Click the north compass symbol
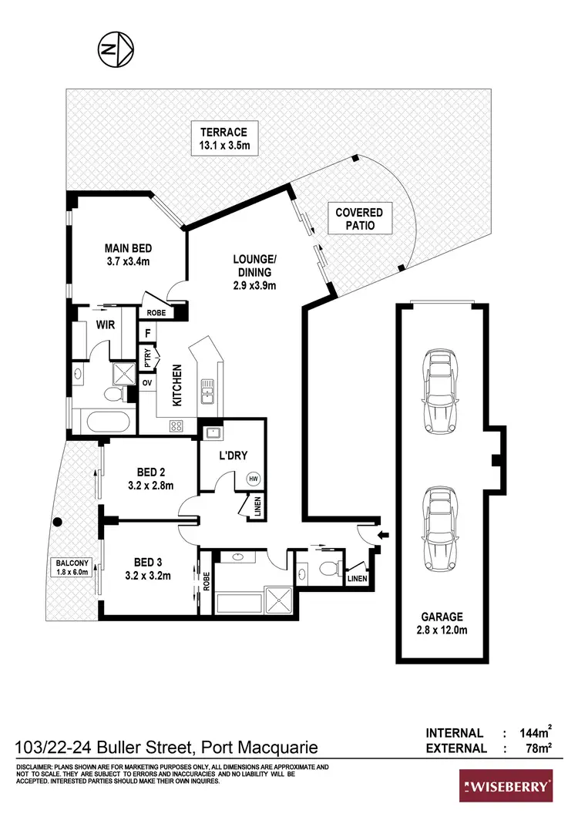click(x=116, y=50)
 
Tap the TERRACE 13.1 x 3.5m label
click(x=220, y=139)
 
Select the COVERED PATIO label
click(x=359, y=219)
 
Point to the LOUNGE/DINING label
click(x=254, y=272)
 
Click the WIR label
click(x=106, y=325)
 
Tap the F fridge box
click(x=147, y=333)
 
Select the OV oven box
click(x=146, y=383)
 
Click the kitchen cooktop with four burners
click(x=176, y=425)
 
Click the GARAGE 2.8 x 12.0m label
click(x=442, y=623)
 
